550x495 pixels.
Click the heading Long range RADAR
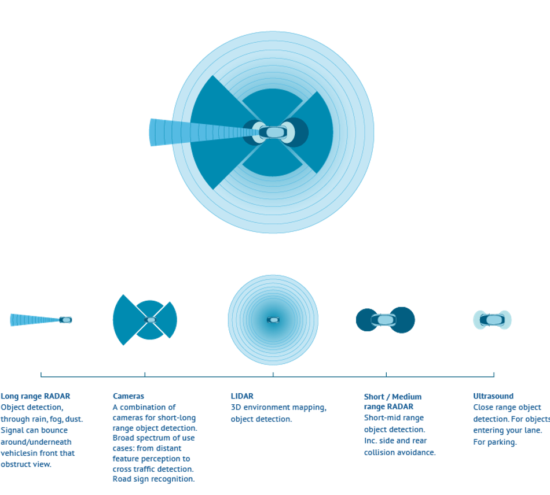point(35,396)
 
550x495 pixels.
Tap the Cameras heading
point(129,396)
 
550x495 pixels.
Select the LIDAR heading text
point(242,396)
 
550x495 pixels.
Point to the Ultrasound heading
point(493,396)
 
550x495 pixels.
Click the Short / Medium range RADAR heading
point(393,401)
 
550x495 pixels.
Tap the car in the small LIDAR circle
point(273,320)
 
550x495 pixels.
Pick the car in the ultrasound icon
point(492,319)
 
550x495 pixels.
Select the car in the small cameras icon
point(151,320)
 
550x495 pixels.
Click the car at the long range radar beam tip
point(65,320)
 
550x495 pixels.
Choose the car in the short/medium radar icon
point(384,320)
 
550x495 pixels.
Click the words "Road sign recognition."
point(153,479)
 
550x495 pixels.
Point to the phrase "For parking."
point(495,442)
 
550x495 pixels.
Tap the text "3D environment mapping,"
point(278,408)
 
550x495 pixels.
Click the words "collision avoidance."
point(399,453)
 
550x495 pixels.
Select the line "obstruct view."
point(26,464)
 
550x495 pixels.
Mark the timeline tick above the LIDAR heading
point(273,374)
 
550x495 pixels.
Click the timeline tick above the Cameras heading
point(145,374)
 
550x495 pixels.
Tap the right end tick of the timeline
point(493,374)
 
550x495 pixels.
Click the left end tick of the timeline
point(41,374)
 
